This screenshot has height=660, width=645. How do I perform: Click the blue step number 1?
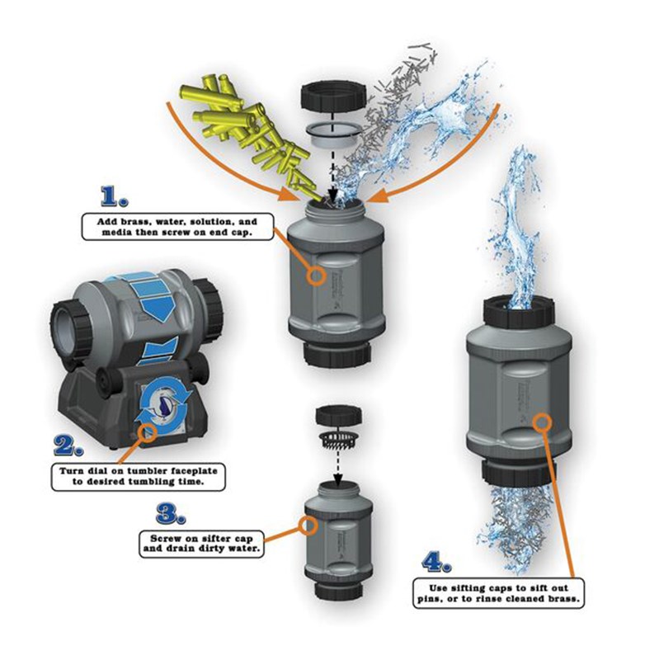coord(114,197)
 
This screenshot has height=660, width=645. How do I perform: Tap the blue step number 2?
coord(69,445)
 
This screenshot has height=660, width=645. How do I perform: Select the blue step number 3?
coord(171,514)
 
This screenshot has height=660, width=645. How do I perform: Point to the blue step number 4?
coord(436,563)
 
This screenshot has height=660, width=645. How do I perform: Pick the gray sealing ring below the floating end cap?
coord(333,135)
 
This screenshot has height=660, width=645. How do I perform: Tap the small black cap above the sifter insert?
coord(339,415)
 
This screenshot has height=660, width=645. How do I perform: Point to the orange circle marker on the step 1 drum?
coord(316,276)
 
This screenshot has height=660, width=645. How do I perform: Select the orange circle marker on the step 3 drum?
coord(308,526)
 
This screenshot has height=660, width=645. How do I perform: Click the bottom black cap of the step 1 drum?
coord(338,354)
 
